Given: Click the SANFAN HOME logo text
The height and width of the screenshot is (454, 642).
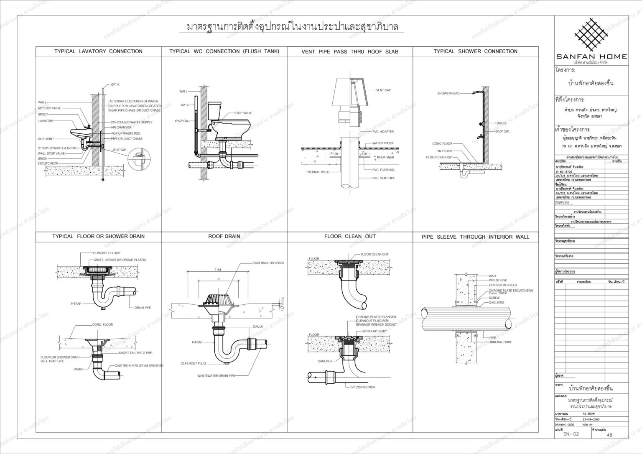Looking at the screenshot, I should click(591, 56).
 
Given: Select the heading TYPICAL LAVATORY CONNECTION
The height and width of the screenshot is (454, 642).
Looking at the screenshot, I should click(98, 51).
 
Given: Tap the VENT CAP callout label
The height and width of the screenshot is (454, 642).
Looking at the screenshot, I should click(383, 90).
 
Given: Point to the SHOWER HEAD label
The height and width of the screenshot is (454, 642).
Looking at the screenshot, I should click(448, 93).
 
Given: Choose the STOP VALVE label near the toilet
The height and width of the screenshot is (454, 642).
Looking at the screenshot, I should click(243, 113).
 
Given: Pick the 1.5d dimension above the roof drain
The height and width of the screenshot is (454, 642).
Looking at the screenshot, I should click(217, 270).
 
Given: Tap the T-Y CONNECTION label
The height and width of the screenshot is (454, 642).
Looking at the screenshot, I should click(362, 387).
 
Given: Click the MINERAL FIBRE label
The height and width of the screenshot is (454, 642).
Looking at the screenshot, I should click(500, 342).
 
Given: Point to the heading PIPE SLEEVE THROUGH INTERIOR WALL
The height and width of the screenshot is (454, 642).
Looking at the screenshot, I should click(475, 237).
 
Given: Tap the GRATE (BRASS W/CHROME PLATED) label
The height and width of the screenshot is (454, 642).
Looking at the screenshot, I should click(120, 260).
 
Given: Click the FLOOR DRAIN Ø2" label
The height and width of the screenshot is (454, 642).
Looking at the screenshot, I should click(439, 158).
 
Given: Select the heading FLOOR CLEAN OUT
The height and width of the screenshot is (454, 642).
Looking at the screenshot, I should click(350, 236).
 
